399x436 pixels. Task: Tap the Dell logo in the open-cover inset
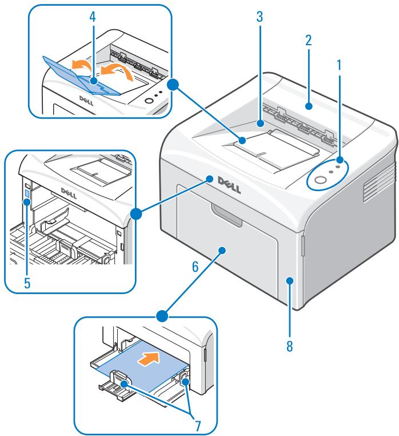[x=66, y=192]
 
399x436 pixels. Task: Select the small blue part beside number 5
[x=27, y=196]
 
